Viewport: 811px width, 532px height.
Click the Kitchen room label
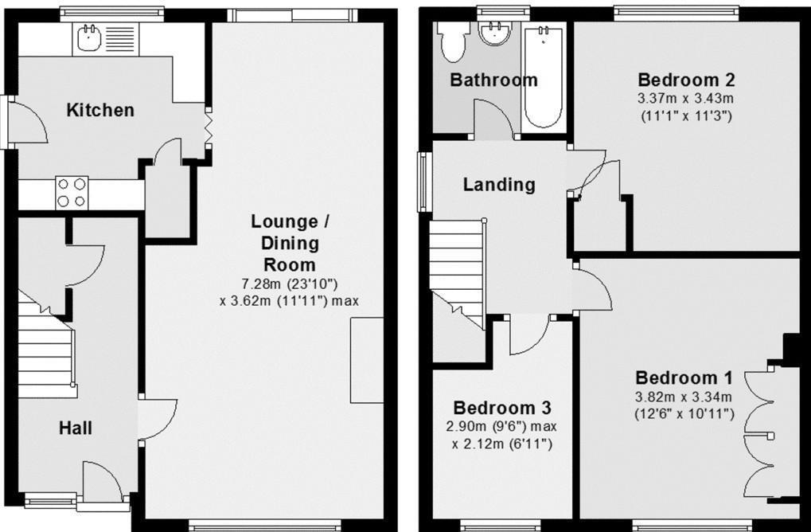(x=100, y=110)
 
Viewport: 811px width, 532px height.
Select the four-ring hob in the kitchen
(x=70, y=192)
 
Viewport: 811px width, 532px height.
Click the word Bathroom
(x=493, y=80)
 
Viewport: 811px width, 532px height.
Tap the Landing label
(x=499, y=185)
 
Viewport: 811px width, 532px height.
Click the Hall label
(x=76, y=428)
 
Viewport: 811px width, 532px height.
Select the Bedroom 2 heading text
(x=686, y=80)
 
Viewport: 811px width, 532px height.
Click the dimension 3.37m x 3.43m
(x=686, y=99)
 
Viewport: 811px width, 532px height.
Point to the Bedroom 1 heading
(x=684, y=377)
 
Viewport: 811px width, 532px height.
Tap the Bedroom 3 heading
(x=501, y=408)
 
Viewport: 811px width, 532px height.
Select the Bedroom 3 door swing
(x=528, y=334)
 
